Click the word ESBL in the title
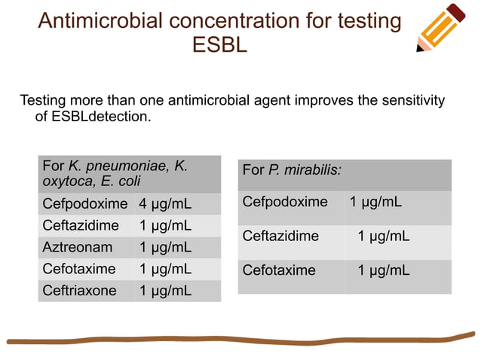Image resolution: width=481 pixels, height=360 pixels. click(x=219, y=46)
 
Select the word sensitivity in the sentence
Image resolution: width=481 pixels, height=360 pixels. click(x=408, y=100)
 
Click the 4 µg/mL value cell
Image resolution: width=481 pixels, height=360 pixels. click(x=165, y=204)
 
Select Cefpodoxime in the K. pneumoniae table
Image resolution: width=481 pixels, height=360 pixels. click(x=85, y=204)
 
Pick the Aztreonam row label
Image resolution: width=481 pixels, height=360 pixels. click(x=78, y=247)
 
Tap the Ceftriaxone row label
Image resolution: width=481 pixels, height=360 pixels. click(x=80, y=291)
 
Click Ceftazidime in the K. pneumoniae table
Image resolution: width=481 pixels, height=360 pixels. click(x=81, y=225)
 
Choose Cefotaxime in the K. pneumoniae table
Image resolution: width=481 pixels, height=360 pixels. click(x=79, y=269)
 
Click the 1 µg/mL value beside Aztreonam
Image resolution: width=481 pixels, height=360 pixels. click(x=165, y=247)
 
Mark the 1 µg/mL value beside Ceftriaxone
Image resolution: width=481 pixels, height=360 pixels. click(x=165, y=291)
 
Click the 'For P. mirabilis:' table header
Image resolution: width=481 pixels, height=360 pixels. click(x=292, y=170)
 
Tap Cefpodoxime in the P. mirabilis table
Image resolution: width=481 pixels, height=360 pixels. click(x=285, y=202)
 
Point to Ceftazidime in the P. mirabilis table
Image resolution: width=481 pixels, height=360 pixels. click(x=280, y=236)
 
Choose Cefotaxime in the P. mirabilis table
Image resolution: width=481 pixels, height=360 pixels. click(x=279, y=270)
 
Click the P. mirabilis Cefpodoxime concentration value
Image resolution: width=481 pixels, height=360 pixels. click(x=375, y=202)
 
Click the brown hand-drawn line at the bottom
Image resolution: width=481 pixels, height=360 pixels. click(x=241, y=339)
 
